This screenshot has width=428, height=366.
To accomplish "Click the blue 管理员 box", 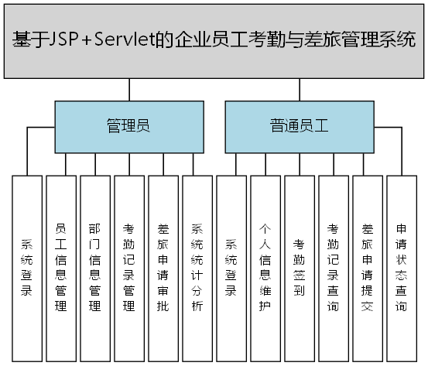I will [128, 126].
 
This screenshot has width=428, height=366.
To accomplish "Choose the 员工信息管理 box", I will [60, 268].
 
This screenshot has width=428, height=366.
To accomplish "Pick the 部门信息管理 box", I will [94, 268].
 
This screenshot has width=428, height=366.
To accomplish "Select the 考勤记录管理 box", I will [128, 268].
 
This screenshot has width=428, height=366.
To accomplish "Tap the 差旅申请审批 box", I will [163, 268].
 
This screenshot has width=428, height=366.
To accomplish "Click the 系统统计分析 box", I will [197, 268].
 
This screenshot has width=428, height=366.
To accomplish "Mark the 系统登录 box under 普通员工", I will [231, 268].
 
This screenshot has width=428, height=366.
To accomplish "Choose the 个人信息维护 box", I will [265, 268].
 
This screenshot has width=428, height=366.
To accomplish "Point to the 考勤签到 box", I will [299, 268].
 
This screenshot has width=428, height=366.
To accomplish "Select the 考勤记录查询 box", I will [333, 268].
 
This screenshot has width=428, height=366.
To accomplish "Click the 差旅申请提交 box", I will [367, 268].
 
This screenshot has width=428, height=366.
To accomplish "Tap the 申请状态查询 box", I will [401, 268].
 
